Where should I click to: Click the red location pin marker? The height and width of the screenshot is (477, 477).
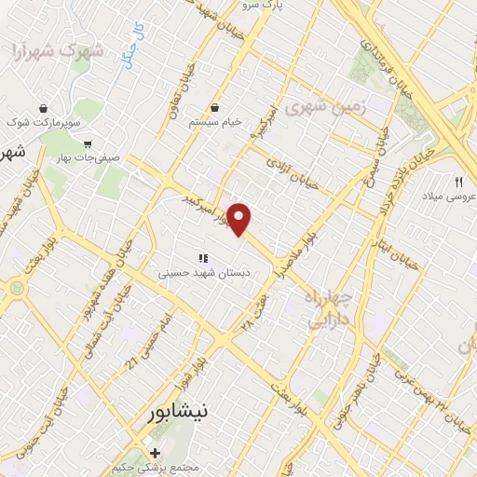(x=240, y=219)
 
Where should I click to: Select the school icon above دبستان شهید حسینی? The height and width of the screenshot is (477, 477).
(x=200, y=259)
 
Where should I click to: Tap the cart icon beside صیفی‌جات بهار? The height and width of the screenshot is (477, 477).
(x=88, y=144)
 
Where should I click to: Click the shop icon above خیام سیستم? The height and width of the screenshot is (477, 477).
(x=215, y=108)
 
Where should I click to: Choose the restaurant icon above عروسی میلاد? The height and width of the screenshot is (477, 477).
(x=458, y=181)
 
